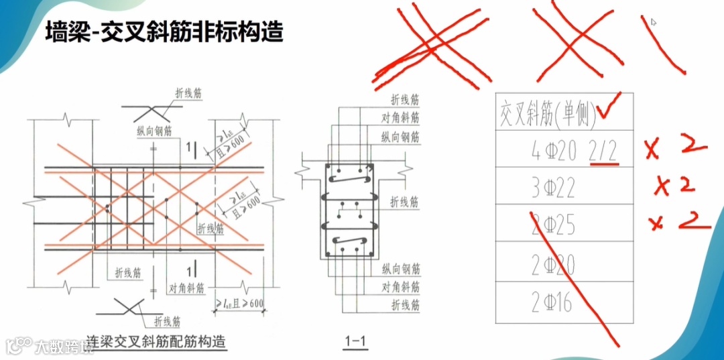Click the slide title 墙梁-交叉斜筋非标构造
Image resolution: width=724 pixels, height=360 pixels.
point(164,32)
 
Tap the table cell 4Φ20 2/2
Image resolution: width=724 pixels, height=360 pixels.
point(572,153)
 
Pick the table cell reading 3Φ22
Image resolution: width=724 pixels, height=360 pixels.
point(552,188)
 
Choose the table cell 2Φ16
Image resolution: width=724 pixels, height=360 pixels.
point(551,303)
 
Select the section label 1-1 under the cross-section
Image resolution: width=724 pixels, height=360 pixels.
point(355,343)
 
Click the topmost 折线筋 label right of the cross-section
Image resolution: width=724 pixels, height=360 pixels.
point(404,100)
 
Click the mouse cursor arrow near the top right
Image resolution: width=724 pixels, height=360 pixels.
point(653,22)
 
